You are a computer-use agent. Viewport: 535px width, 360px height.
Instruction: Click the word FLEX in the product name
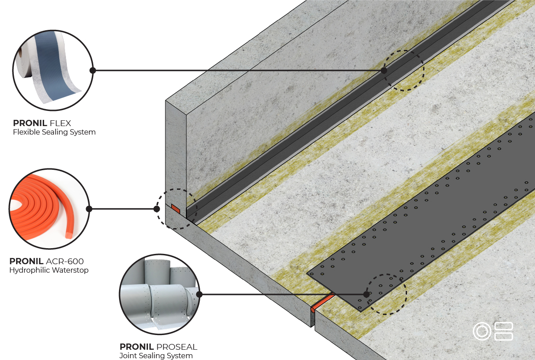coord(61,123)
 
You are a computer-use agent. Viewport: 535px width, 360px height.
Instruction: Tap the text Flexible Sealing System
coord(54,132)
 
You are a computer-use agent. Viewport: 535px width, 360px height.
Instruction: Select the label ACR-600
coord(65,261)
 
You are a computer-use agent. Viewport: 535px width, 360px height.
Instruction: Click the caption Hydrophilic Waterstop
coord(49,270)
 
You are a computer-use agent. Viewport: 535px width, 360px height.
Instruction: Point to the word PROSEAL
coord(177,347)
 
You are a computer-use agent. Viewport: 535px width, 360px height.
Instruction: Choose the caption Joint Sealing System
coord(156,356)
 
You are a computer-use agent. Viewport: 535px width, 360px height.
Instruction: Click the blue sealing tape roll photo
coord(53,70)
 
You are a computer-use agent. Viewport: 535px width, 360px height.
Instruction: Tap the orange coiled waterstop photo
coord(49,209)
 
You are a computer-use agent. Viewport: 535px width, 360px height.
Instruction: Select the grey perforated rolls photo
coord(160,295)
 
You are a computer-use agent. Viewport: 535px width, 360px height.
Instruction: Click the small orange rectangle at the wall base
coord(176,209)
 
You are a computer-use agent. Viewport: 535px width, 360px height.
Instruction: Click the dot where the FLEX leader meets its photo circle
coord(93,70)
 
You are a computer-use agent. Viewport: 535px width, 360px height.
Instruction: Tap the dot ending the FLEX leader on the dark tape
coord(384,70)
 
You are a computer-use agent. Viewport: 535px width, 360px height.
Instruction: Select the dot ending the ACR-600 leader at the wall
coord(156,209)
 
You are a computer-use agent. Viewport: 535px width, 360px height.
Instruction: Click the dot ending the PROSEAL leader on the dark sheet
coord(366,295)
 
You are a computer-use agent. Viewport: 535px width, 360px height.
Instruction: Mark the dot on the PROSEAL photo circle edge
coord(199,295)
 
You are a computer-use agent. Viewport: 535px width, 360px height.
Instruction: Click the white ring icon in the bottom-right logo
coord(482,331)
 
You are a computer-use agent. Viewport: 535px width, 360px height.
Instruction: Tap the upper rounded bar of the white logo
coord(504,326)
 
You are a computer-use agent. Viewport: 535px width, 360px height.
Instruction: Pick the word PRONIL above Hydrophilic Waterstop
coord(26,261)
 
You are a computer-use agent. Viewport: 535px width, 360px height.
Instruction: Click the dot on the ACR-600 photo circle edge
coord(89,209)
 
